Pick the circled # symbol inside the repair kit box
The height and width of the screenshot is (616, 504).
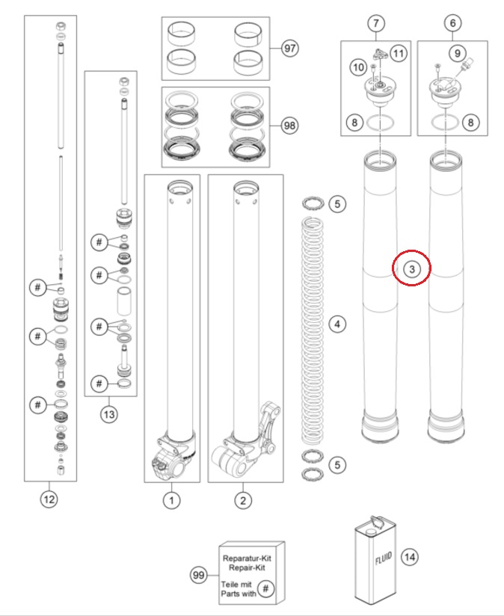click(x=267, y=588)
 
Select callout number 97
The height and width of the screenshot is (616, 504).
click(x=289, y=49)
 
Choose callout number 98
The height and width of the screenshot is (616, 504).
click(x=288, y=126)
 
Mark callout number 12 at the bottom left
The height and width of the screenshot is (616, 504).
click(x=49, y=500)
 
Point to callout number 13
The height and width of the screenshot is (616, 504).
click(x=110, y=413)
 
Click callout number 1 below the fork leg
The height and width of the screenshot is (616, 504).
click(x=171, y=500)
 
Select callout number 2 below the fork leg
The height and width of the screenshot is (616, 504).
click(x=242, y=500)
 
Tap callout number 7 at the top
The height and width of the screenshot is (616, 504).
click(x=375, y=23)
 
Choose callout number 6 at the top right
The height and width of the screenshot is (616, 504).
click(x=452, y=23)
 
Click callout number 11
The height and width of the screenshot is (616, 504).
click(x=398, y=53)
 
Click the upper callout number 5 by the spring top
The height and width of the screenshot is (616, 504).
click(x=337, y=203)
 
